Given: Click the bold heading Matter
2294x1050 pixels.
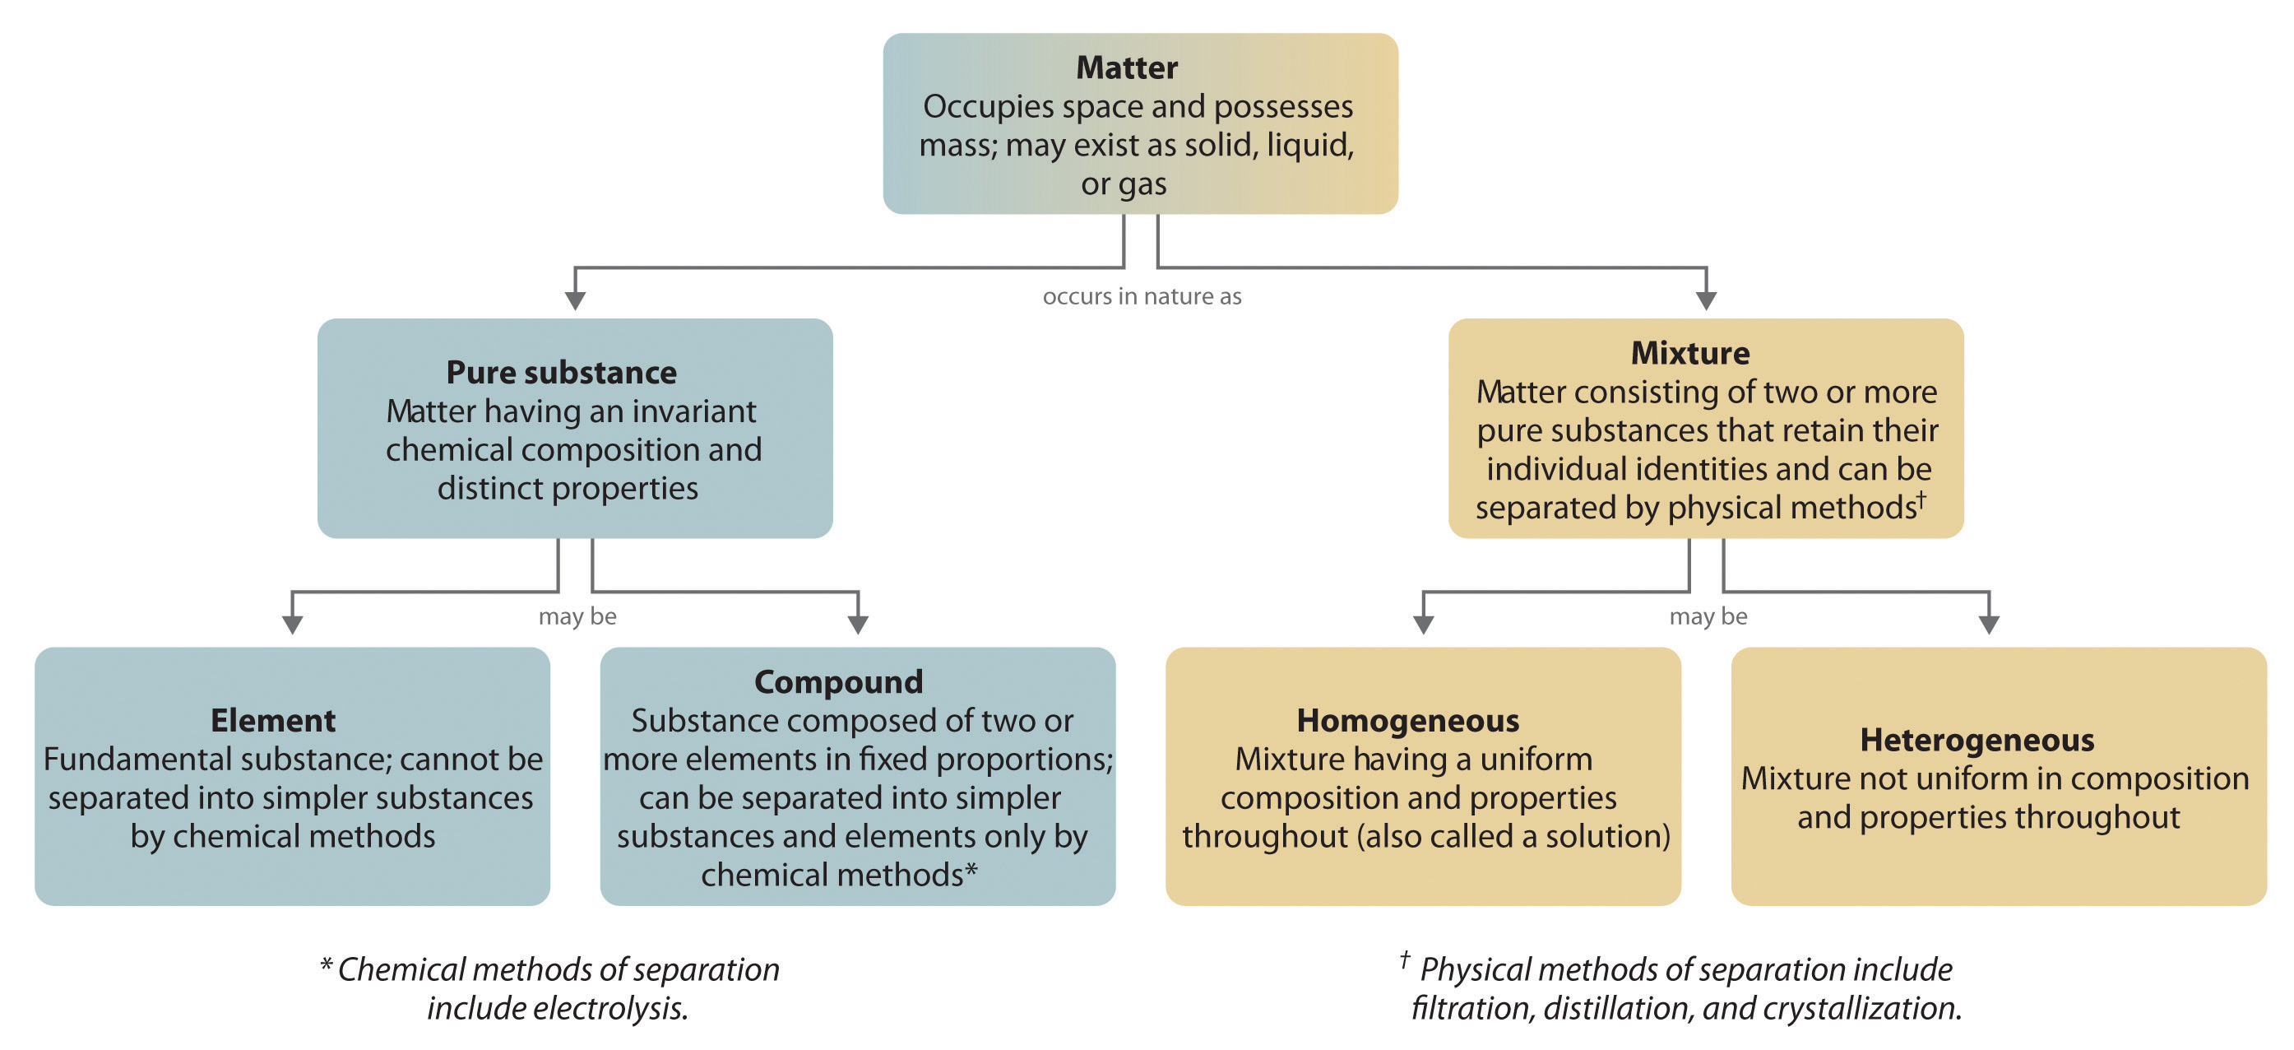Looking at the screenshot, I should [x=1127, y=67].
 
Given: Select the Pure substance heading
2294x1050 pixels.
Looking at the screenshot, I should [x=561, y=372].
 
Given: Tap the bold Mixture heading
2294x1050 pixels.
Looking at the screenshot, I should [x=1689, y=353].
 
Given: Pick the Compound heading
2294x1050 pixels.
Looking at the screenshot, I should [x=838, y=682].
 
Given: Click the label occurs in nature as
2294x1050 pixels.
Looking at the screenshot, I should [x=1142, y=296].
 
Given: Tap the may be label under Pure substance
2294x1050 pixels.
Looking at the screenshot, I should [x=577, y=616].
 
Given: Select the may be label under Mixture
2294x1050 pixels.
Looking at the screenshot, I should [x=1708, y=616].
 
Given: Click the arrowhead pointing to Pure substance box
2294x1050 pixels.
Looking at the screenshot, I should [x=575, y=301].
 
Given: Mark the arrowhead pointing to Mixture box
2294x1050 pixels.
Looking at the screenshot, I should [x=1705, y=301].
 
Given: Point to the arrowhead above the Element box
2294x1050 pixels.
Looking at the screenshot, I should [x=292, y=625].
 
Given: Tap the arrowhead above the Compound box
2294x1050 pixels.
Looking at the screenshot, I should [x=858, y=625].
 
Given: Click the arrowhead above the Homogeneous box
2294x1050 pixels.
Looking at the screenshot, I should [x=1423, y=625].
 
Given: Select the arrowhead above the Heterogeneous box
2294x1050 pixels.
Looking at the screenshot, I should [x=1989, y=625].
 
